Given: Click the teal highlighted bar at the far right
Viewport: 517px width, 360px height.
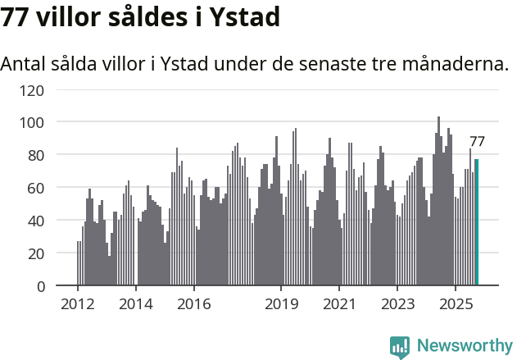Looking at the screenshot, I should [x=476, y=222].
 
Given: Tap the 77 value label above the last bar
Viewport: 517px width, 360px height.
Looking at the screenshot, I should [x=477, y=142].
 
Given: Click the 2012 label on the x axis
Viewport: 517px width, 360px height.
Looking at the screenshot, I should [x=78, y=305].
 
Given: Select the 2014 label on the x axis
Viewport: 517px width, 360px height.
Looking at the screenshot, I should [x=135, y=305].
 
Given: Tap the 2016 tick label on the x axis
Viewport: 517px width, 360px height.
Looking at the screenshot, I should [x=193, y=305].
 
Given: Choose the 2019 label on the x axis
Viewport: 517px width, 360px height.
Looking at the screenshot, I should [x=281, y=305].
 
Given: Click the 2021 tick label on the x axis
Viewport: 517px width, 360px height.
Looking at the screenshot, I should [x=339, y=305].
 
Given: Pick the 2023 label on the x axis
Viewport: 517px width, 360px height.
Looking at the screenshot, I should [x=397, y=305].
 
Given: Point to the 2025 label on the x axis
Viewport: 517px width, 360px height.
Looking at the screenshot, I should [x=456, y=305].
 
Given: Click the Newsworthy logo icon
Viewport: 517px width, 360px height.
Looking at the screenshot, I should [x=400, y=347].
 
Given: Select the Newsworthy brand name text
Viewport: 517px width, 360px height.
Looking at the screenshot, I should [x=464, y=346].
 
